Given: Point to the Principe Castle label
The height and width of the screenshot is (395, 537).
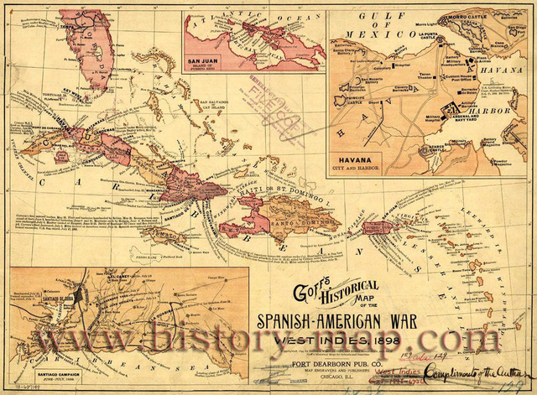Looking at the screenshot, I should (x=351, y=96).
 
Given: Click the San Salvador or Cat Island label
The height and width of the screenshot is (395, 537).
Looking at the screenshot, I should (x=216, y=108).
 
